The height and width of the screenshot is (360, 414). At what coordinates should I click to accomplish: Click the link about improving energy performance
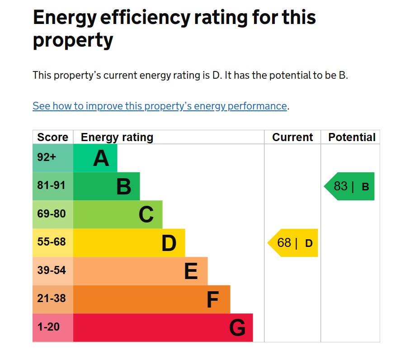(x=160, y=106)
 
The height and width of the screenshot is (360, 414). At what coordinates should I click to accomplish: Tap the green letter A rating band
(x=101, y=158)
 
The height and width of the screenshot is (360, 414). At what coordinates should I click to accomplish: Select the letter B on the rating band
(x=123, y=186)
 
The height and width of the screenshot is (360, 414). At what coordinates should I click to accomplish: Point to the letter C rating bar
(x=146, y=214)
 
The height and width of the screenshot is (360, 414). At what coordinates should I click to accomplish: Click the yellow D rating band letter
(x=169, y=243)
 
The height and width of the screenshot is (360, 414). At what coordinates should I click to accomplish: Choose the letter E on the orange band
(x=191, y=271)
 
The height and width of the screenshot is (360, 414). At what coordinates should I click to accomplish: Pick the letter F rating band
(x=212, y=299)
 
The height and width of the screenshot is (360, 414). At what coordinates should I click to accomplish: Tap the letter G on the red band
(x=237, y=328)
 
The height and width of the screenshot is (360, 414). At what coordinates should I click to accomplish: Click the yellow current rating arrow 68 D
(x=294, y=243)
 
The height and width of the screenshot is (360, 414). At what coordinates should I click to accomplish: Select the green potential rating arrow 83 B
(x=351, y=186)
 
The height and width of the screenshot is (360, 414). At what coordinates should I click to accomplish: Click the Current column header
(x=292, y=137)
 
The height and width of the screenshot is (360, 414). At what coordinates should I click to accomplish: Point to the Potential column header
(x=352, y=137)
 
